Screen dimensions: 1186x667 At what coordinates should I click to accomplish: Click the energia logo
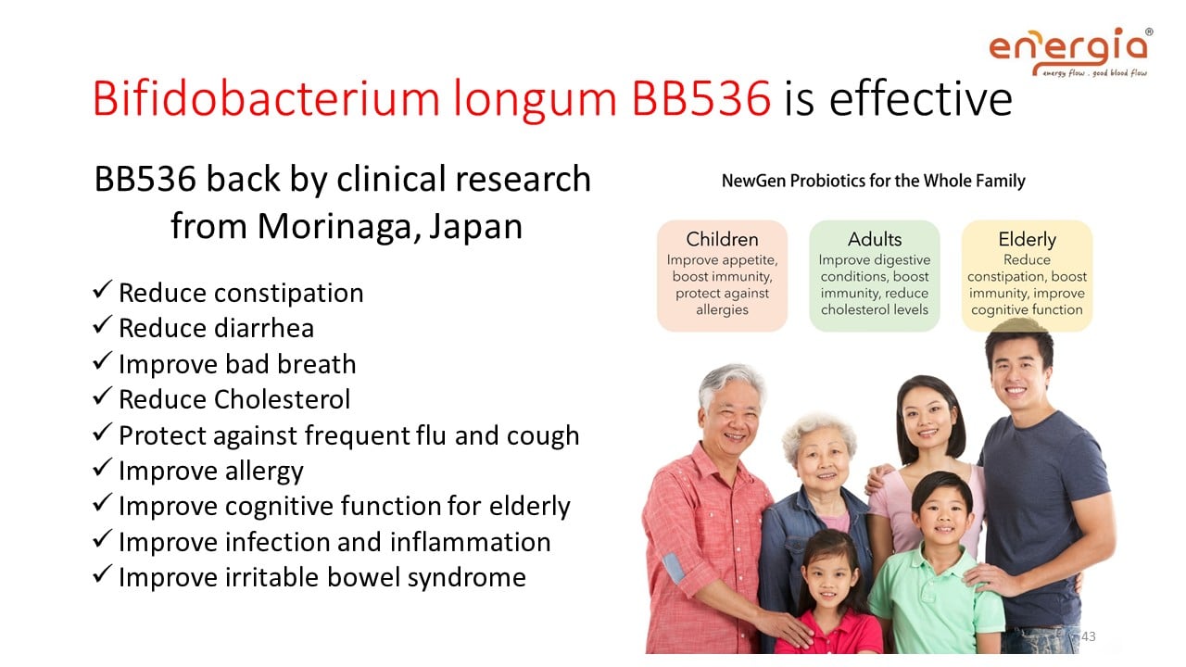[1070, 52]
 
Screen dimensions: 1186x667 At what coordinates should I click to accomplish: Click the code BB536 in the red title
[701, 98]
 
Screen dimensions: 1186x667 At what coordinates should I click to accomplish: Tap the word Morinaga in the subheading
[339, 226]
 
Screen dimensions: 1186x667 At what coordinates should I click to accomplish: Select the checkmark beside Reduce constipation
[102, 290]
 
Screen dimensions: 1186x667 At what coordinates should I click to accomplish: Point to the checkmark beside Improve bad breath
[102, 361]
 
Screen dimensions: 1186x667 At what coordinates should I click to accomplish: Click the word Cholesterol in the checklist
[282, 399]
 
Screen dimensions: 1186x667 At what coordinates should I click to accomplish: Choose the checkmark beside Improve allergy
[102, 468]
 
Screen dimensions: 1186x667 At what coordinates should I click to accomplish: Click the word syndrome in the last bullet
[466, 578]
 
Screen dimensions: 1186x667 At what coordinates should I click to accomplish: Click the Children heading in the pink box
[722, 239]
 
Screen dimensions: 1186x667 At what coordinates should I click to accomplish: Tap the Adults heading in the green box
[875, 239]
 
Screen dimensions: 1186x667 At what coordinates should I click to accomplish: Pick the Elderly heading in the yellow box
[1028, 240]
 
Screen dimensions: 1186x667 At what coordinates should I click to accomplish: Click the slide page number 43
[1088, 636]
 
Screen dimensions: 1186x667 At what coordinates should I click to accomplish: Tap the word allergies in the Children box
[722, 309]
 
